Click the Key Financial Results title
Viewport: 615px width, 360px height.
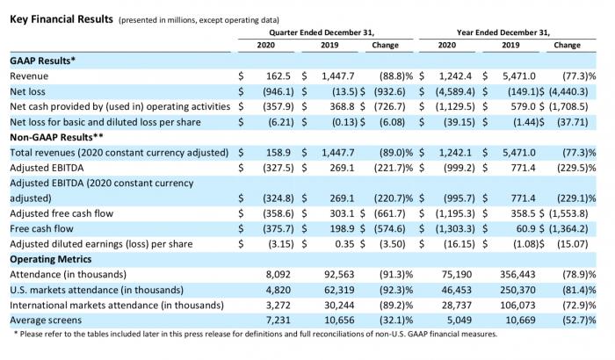click(x=61, y=19)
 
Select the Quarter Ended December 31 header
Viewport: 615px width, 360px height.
click(x=322, y=32)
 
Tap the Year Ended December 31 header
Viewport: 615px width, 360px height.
click(x=503, y=32)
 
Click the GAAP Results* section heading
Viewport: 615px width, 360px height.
click(x=42, y=61)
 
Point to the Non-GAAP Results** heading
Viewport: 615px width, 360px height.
click(x=56, y=137)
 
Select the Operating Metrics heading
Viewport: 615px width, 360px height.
click(x=51, y=259)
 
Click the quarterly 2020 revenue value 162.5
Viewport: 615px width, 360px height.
click(x=279, y=76)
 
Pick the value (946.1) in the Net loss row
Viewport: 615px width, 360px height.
click(x=279, y=91)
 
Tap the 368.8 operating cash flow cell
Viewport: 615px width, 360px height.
click(x=342, y=106)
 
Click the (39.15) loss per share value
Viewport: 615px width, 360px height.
click(x=459, y=122)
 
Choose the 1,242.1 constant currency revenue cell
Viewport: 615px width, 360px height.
click(x=455, y=153)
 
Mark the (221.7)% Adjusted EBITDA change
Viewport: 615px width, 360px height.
click(x=394, y=168)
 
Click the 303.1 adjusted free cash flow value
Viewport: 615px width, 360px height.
click(x=342, y=213)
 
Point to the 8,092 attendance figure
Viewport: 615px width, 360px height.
click(x=279, y=275)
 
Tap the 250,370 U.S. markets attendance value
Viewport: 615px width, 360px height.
click(x=517, y=290)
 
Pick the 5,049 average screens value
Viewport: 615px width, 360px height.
click(x=459, y=320)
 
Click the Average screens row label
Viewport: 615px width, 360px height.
click(x=46, y=320)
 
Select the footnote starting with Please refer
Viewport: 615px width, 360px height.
click(x=256, y=335)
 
